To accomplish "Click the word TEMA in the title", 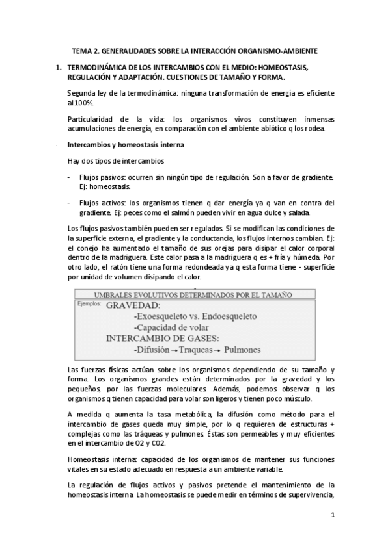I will pyautogui.click(x=81, y=50).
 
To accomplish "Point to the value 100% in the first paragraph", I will pyautogui.click(x=82, y=103).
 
